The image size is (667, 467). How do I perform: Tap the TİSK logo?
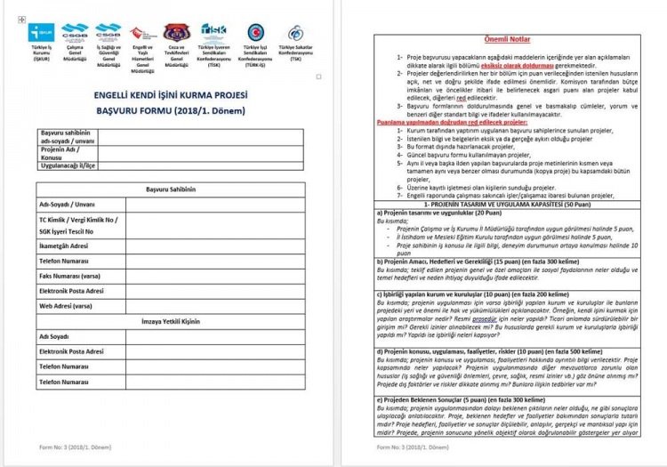pyautogui.click(x=213, y=32)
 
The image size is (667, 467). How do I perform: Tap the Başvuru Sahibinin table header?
pyautogui.click(x=169, y=190)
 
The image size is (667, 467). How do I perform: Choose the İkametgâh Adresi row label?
pyautogui.click(x=63, y=245)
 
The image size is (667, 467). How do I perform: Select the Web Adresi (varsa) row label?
pyautogui.click(x=66, y=305)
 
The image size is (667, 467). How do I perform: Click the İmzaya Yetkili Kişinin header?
pyautogui.click(x=169, y=321)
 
